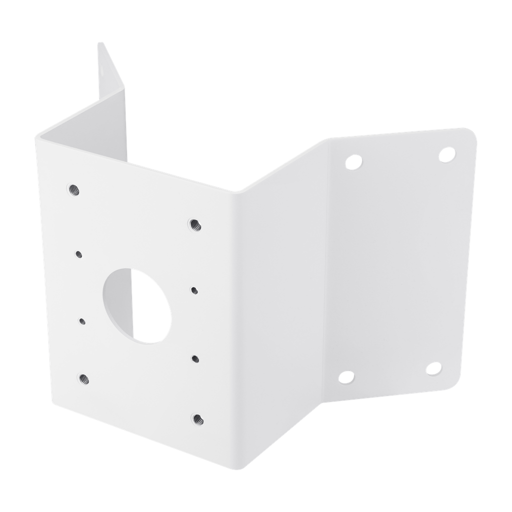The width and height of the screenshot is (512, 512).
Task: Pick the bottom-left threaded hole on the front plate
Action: coord(83,378)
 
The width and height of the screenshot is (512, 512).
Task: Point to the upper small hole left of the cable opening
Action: coord(78,254)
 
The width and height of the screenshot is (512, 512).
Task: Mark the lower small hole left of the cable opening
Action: coord(81,320)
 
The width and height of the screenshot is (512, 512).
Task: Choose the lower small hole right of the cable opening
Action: coord(195,357)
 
